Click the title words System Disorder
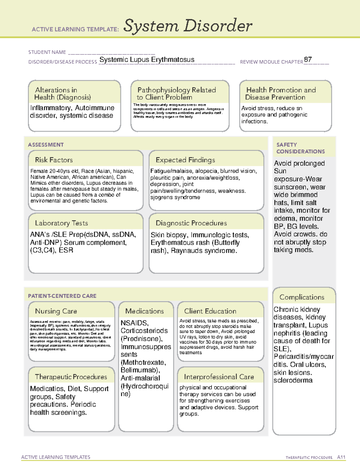(188, 26)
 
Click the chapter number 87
(308, 59)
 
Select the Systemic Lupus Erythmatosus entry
(147, 59)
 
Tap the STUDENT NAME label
(47, 52)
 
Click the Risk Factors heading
(54, 160)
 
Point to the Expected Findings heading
(185, 160)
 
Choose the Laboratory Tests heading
(61, 223)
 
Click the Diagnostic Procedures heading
(191, 223)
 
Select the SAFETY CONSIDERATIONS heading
(300, 148)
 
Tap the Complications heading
(302, 297)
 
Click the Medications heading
(144, 311)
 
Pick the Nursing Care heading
(56, 311)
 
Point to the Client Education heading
(210, 311)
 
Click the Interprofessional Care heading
(219, 377)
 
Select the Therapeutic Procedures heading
(71, 377)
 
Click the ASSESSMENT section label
(46, 145)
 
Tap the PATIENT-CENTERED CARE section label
(62, 296)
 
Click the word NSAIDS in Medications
(134, 323)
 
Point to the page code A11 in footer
(341, 457)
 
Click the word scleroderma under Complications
(293, 380)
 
